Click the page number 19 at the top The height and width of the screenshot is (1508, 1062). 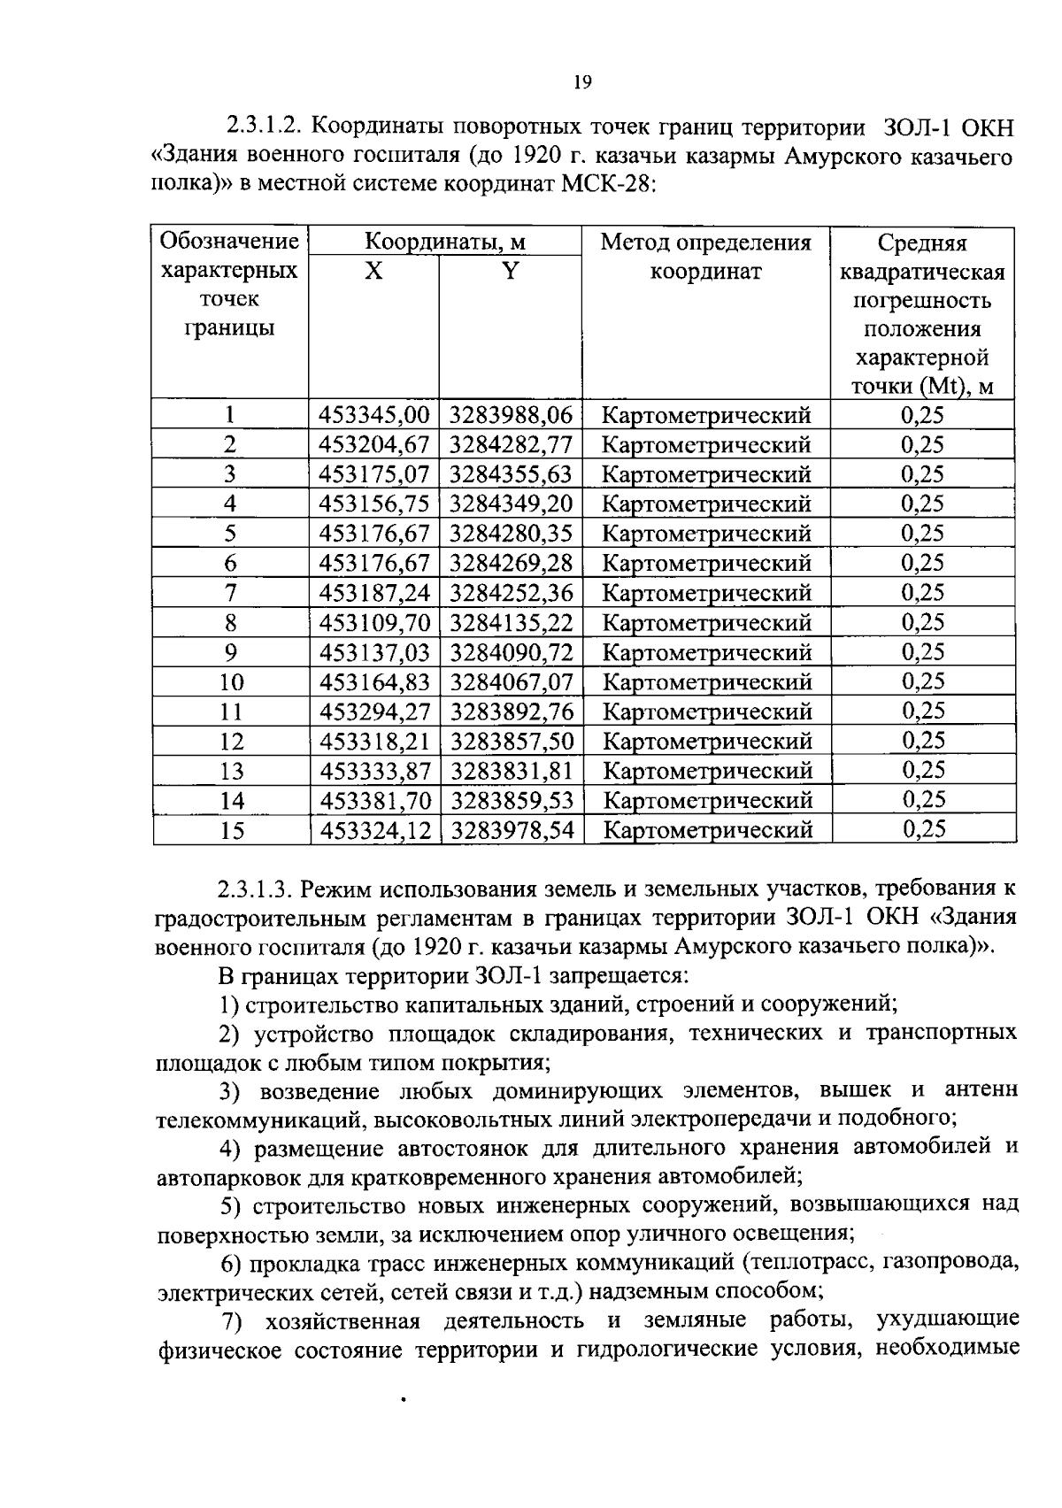tap(581, 82)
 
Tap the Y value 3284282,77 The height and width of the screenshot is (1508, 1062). tap(511, 444)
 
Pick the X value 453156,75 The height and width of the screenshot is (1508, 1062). tap(373, 504)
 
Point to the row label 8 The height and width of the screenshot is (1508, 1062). tap(230, 623)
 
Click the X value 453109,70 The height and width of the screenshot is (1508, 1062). tap(373, 623)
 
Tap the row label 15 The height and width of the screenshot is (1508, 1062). tap(231, 831)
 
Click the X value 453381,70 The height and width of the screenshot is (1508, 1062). tap(373, 801)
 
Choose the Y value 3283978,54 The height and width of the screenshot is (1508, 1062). tap(512, 831)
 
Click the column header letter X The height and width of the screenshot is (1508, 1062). tap(373, 272)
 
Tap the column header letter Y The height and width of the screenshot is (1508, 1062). tap(510, 272)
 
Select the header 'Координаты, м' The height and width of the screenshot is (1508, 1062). tap(445, 242)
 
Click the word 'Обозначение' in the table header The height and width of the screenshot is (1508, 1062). tap(229, 242)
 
